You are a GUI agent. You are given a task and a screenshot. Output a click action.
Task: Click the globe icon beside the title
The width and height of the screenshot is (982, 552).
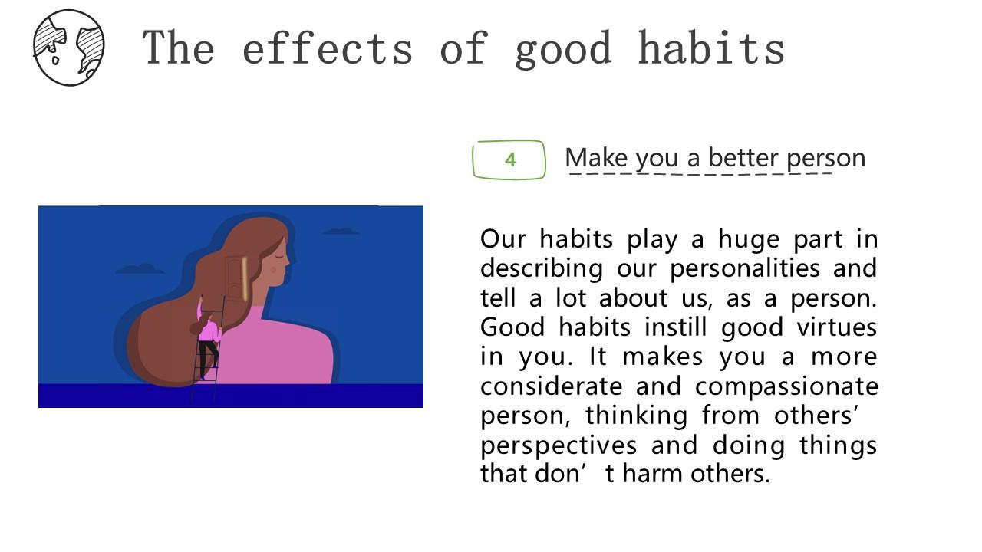[x=69, y=48]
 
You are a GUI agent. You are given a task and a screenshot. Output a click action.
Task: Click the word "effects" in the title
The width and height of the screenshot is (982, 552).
[x=328, y=48]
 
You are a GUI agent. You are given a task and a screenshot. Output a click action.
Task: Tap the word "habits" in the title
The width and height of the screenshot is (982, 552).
[x=711, y=48]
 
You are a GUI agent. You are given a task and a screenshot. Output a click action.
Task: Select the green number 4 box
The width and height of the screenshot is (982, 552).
[x=509, y=159]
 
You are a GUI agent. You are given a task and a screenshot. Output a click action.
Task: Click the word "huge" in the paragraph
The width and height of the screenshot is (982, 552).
[x=749, y=240]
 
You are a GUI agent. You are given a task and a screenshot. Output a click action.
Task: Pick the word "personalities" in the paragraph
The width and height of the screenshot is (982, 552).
[x=745, y=268]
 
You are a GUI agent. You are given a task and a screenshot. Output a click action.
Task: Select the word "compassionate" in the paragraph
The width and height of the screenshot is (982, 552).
[x=786, y=387]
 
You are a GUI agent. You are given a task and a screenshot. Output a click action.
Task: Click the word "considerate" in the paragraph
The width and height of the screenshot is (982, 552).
[x=552, y=386]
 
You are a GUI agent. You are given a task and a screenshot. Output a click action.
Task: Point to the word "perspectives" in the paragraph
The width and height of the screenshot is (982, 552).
[x=559, y=446]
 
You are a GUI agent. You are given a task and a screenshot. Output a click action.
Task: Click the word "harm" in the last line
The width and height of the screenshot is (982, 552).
[x=652, y=474]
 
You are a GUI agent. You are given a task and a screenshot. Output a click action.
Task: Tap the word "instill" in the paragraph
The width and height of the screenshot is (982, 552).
[x=676, y=327]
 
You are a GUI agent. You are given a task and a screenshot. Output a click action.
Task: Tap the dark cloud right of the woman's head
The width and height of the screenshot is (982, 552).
[x=341, y=231]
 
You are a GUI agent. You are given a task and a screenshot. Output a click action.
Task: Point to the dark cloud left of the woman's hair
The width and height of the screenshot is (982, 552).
[x=140, y=268]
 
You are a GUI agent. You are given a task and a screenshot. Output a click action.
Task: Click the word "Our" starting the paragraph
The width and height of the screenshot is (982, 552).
[x=503, y=239]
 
